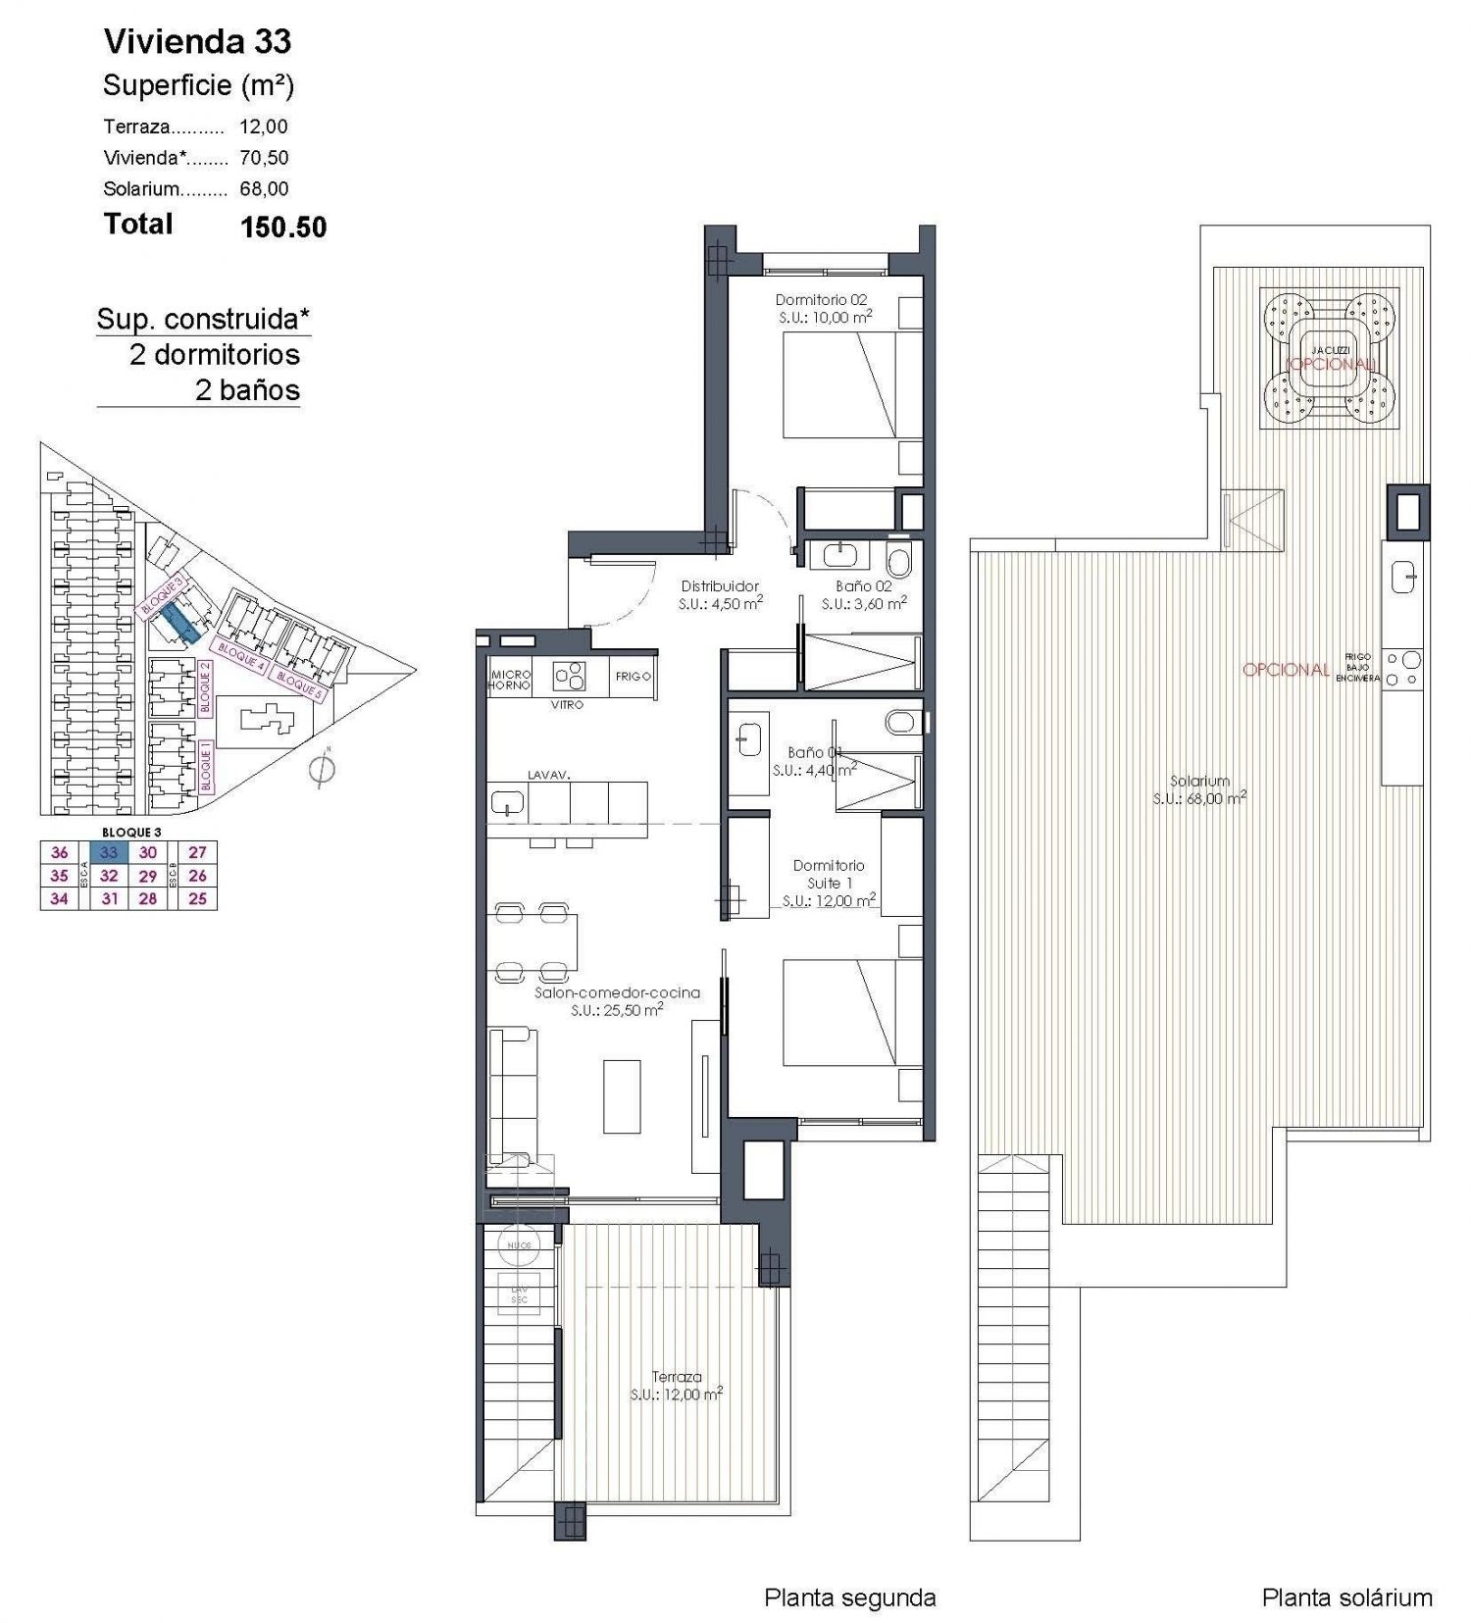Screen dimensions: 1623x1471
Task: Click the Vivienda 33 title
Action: point(197,41)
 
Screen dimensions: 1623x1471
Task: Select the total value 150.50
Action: point(282,227)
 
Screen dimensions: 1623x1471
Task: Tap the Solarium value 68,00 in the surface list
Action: point(264,188)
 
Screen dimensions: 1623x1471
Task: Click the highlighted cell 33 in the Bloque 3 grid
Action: point(109,853)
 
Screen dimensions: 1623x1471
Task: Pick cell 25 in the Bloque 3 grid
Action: point(197,898)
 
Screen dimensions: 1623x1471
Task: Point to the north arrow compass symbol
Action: point(322,771)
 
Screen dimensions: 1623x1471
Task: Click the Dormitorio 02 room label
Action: point(821,300)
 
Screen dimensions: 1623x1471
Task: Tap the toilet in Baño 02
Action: point(897,560)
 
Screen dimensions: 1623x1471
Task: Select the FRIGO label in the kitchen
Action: point(633,677)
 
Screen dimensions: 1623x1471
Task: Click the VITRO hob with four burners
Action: point(568,676)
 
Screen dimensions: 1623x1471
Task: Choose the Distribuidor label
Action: point(720,586)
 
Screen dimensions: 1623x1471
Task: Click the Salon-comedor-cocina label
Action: point(617,992)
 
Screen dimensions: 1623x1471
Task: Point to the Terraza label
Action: point(676,1377)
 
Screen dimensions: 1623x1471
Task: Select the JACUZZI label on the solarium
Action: point(1330,350)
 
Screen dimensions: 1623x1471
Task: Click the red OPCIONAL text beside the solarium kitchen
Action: point(1286,670)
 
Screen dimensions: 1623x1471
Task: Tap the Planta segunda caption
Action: point(849,1598)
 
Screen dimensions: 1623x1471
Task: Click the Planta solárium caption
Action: point(1346,1598)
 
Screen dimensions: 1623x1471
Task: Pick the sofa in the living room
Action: point(512,1096)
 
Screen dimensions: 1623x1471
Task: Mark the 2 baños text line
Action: point(247,390)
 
